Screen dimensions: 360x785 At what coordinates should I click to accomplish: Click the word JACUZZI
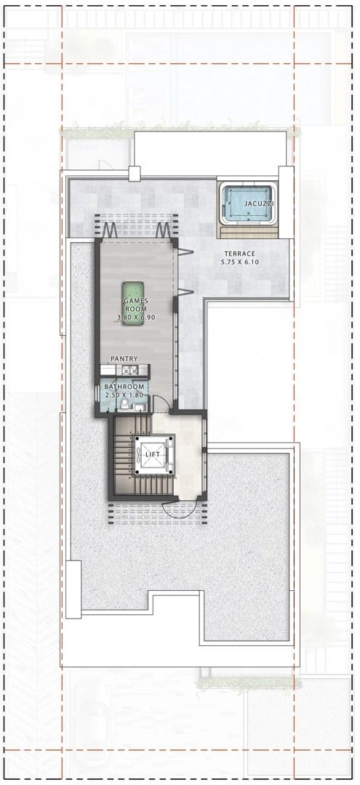(x=255, y=204)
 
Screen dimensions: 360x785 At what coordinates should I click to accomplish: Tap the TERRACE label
(x=240, y=254)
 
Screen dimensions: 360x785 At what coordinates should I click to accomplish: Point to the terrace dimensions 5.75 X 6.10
(x=240, y=262)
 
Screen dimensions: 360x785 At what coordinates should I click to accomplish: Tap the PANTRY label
(x=124, y=358)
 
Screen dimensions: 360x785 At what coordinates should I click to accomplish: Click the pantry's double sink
(x=130, y=371)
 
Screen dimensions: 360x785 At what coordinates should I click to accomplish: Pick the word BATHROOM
(x=124, y=387)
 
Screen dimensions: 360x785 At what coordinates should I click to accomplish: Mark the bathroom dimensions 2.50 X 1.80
(x=124, y=395)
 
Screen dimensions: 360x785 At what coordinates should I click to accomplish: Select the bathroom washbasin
(x=140, y=407)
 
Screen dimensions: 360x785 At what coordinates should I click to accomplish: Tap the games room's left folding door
(x=110, y=230)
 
